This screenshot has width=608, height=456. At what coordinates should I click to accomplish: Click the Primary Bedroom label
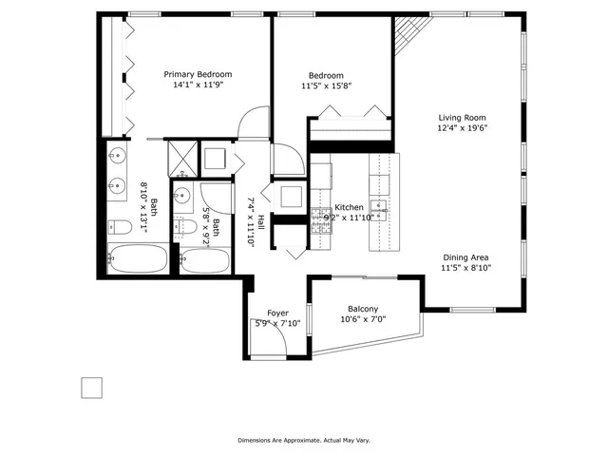(x=198, y=74)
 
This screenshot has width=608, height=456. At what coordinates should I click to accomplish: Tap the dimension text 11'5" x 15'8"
(x=326, y=86)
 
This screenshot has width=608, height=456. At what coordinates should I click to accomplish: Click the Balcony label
(x=363, y=309)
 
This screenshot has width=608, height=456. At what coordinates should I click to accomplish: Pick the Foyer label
(x=277, y=313)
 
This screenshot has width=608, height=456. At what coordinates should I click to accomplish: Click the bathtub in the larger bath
(x=136, y=259)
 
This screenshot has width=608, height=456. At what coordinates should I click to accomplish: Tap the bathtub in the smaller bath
(x=204, y=260)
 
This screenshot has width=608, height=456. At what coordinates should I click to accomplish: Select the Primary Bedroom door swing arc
(x=251, y=123)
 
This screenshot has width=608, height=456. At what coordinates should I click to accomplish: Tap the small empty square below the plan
(x=91, y=388)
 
